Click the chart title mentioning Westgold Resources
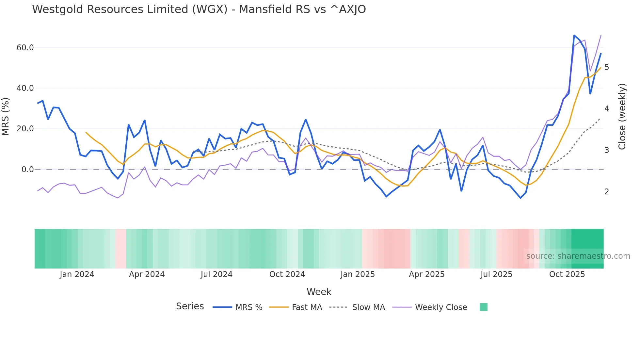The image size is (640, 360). point(199,9)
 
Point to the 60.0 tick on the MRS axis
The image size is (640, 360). point(25,48)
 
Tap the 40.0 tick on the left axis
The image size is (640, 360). point(25,88)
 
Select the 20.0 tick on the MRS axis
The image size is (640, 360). point(25,129)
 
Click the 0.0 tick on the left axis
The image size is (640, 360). point(27,170)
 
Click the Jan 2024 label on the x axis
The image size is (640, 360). point(77,274)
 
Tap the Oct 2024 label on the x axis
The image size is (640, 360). point(287,274)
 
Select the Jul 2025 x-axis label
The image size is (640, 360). point(496,274)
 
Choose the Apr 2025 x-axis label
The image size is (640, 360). point(427,274)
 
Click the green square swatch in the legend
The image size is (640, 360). point(483,307)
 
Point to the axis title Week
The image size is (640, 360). point(319,292)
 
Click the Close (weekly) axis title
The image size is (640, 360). point(622,117)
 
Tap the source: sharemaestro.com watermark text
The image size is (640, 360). point(578,256)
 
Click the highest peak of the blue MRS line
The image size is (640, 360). point(574,35)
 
